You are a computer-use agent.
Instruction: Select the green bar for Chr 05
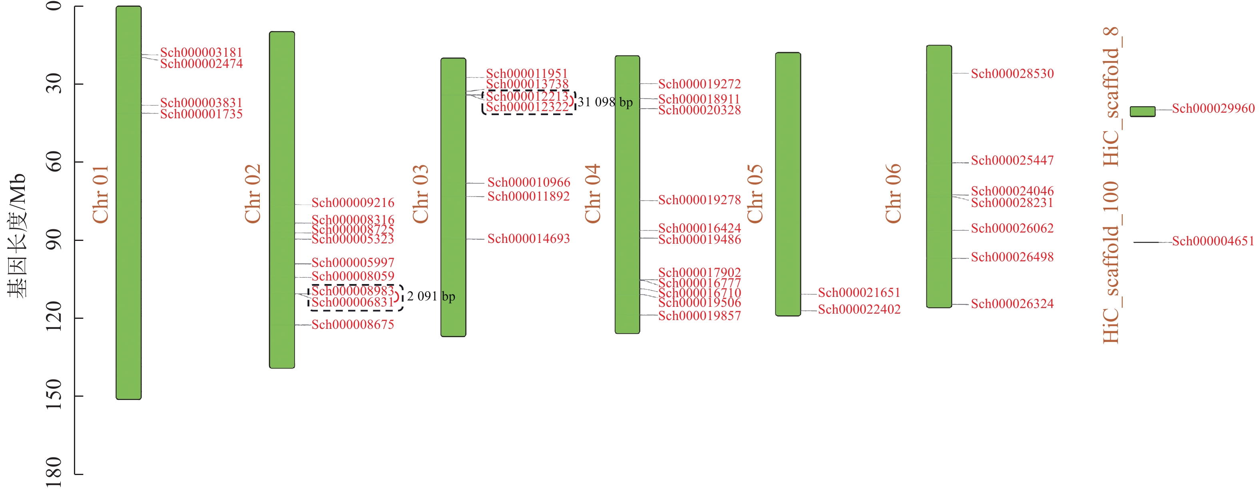(x=787, y=184)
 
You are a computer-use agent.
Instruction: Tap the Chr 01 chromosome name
(x=101, y=194)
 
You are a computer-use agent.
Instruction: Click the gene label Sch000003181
(x=201, y=52)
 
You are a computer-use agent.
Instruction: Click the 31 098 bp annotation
(x=605, y=102)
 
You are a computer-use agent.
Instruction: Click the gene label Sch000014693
(x=528, y=239)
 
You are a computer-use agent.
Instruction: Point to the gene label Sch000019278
(x=699, y=199)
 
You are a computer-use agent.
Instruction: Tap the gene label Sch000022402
(x=859, y=309)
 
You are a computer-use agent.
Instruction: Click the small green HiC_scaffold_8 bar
(x=1142, y=111)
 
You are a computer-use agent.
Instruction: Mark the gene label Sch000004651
(x=1213, y=241)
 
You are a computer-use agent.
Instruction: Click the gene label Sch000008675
(x=353, y=324)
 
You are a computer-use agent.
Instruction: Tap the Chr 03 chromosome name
(x=420, y=194)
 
